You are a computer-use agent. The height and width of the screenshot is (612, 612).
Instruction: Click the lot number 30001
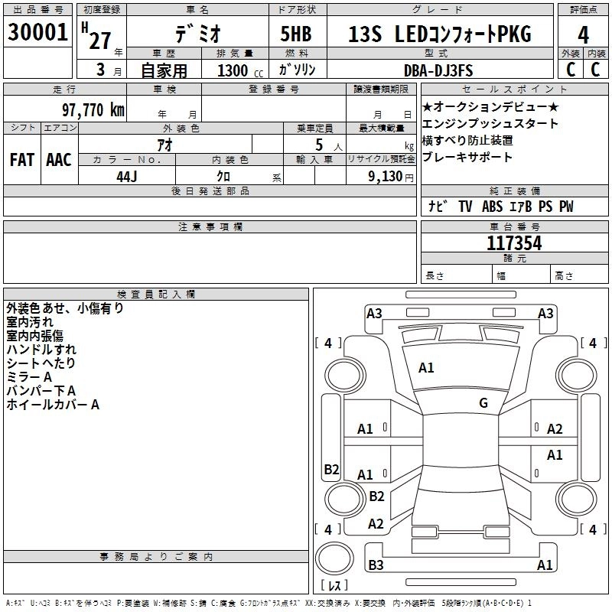[x=38, y=34]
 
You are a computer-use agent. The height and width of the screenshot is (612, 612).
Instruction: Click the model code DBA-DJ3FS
[x=438, y=70]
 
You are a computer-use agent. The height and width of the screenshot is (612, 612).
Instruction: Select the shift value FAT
[x=21, y=160]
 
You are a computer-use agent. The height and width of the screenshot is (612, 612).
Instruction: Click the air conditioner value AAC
[x=58, y=160]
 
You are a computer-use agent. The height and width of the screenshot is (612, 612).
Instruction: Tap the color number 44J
[x=126, y=176]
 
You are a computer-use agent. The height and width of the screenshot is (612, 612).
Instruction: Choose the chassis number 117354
[x=514, y=243]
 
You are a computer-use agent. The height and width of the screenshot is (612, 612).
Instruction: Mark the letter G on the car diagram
[x=483, y=403]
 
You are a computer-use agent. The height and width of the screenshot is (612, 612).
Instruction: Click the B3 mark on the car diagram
[x=376, y=565]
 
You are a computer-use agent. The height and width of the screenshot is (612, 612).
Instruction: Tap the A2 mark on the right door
[x=555, y=429]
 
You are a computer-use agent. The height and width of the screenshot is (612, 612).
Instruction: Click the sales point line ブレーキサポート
[x=467, y=158]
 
